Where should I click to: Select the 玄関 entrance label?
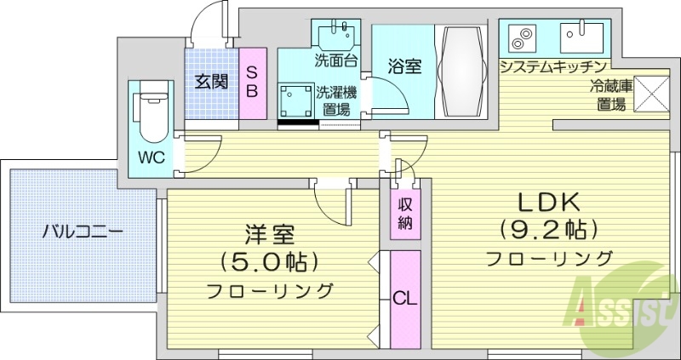coord(211,83)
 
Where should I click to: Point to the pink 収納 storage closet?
coord(404,214)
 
